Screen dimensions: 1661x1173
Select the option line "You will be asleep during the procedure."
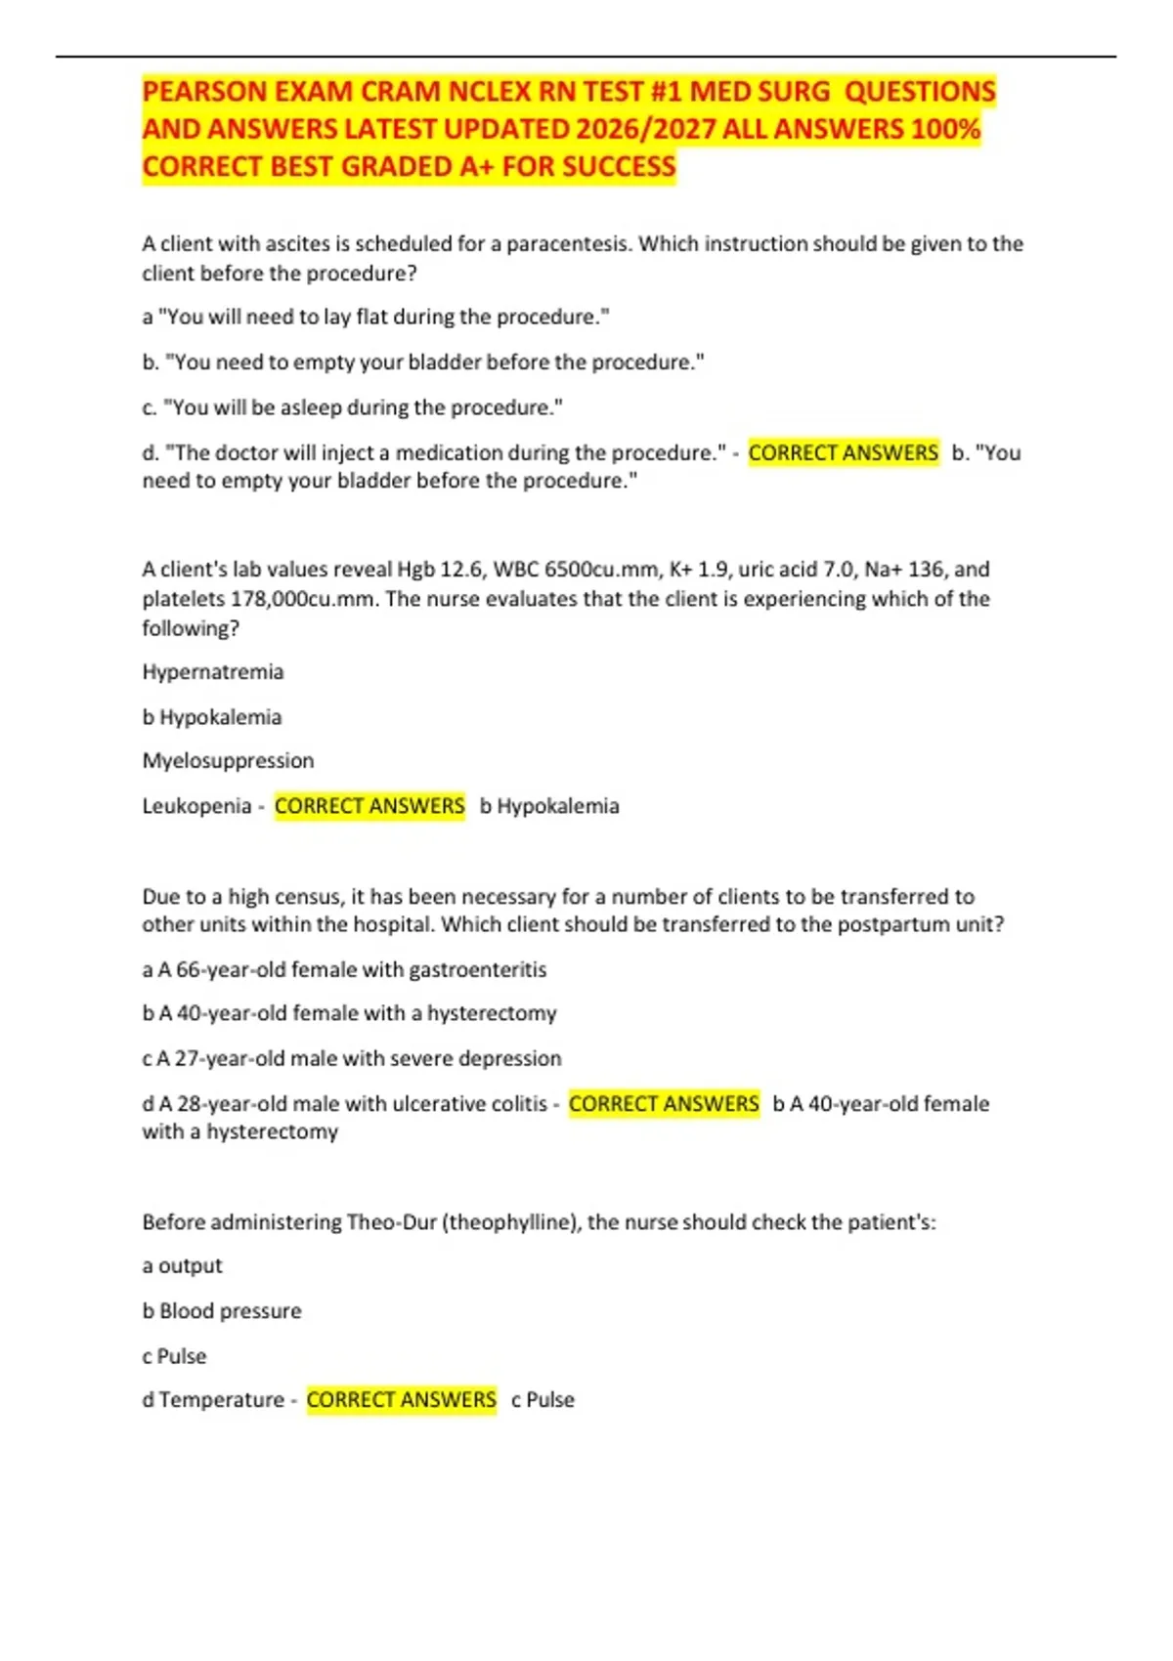[x=353, y=407]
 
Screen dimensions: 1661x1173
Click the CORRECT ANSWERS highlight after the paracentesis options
[x=843, y=453]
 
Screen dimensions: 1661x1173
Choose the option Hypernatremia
[x=213, y=672]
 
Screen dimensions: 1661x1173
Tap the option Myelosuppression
[x=228, y=761]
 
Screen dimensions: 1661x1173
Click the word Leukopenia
[x=196, y=806]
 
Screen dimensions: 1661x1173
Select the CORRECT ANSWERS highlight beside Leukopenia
[x=369, y=806]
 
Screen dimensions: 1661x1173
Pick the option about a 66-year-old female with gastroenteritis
[x=344, y=969]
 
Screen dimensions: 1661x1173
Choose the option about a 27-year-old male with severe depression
[x=352, y=1058]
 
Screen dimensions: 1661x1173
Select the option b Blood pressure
[x=222, y=1311]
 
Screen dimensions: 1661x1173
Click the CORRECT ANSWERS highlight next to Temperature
[x=401, y=1400]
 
